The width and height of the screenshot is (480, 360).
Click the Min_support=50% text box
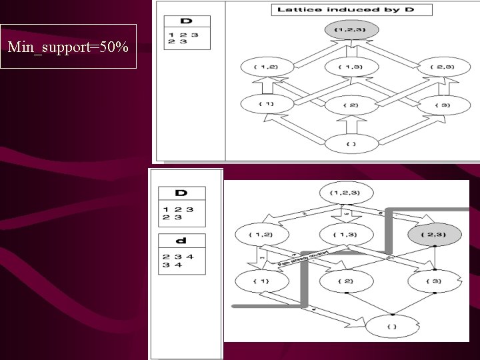(x=68, y=47)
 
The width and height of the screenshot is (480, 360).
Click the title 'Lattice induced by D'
(x=351, y=9)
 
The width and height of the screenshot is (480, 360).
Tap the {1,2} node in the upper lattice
(x=265, y=67)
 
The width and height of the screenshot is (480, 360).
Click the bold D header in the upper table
(x=186, y=22)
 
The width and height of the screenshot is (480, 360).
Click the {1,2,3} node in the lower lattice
(x=345, y=193)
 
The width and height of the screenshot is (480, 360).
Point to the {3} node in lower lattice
(x=434, y=281)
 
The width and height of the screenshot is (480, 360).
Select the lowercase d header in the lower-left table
(x=181, y=241)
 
